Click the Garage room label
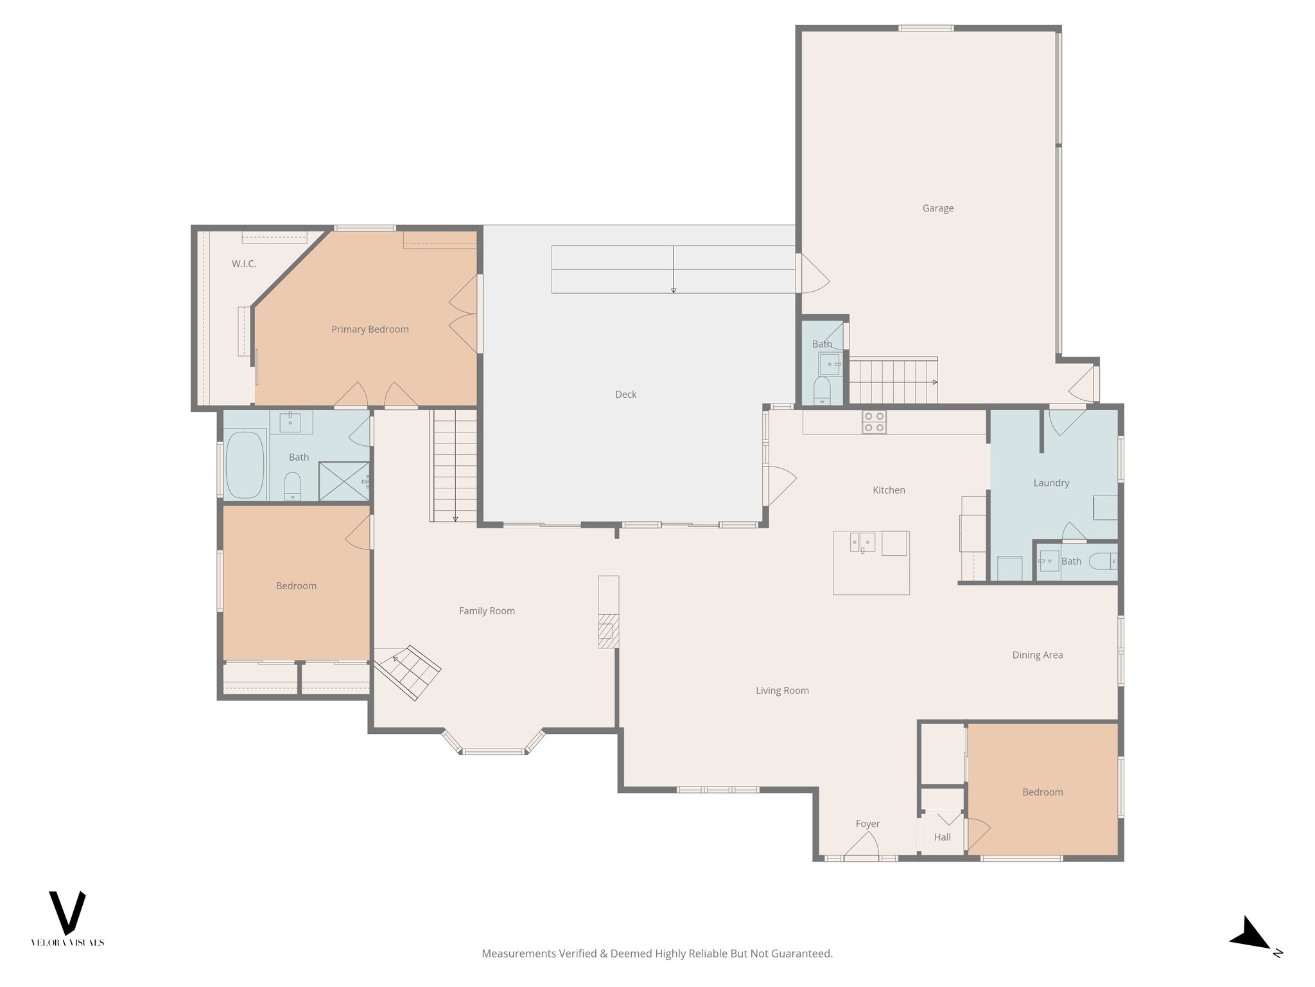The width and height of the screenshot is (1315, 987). pyautogui.click(x=937, y=208)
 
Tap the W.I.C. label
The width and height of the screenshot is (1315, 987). pyautogui.click(x=243, y=263)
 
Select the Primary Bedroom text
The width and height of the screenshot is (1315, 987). pyautogui.click(x=370, y=329)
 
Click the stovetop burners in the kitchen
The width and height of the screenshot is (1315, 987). pyautogui.click(x=874, y=422)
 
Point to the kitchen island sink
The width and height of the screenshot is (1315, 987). pyautogui.click(x=862, y=542)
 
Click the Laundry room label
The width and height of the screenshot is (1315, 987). pyautogui.click(x=1051, y=483)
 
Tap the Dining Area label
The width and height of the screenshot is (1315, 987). pyautogui.click(x=1037, y=655)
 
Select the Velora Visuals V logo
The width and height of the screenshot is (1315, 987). pyautogui.click(x=67, y=912)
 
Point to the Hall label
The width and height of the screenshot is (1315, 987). pyautogui.click(x=942, y=837)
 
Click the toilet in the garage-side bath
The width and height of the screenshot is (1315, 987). pyautogui.click(x=822, y=389)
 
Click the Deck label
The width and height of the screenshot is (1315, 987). pyautogui.click(x=625, y=395)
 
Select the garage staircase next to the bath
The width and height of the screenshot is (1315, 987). pyautogui.click(x=893, y=382)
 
